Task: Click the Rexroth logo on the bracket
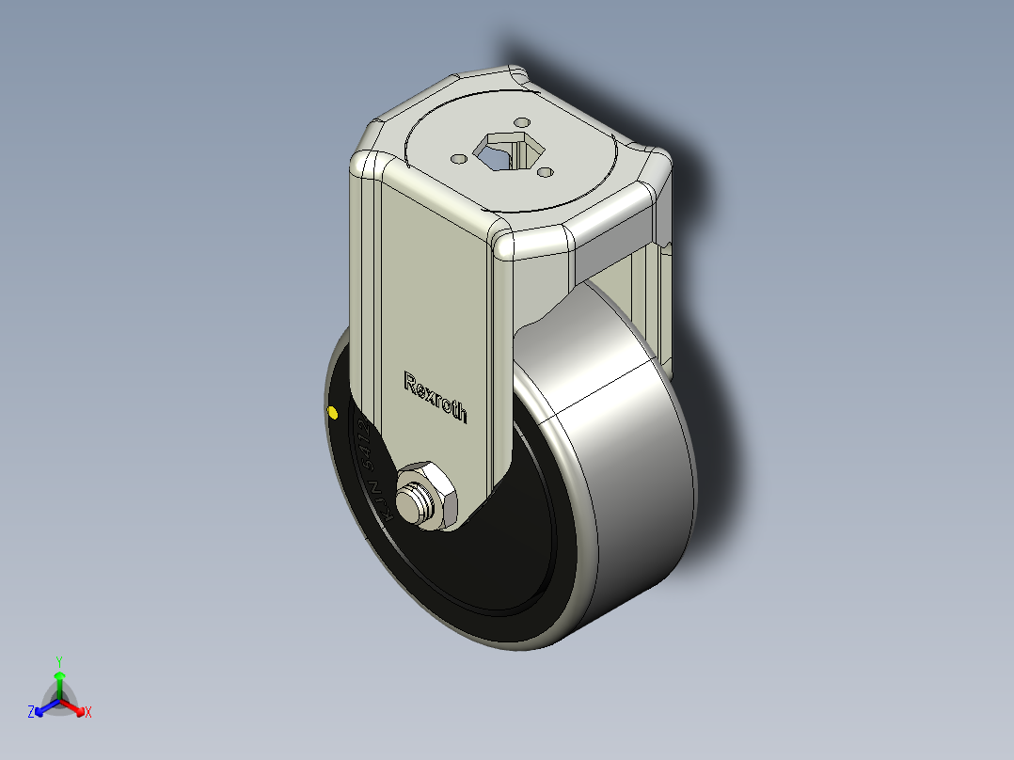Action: [435, 397]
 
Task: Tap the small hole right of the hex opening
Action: [544, 172]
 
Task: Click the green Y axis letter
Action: [58, 661]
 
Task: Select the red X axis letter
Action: [88, 713]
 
